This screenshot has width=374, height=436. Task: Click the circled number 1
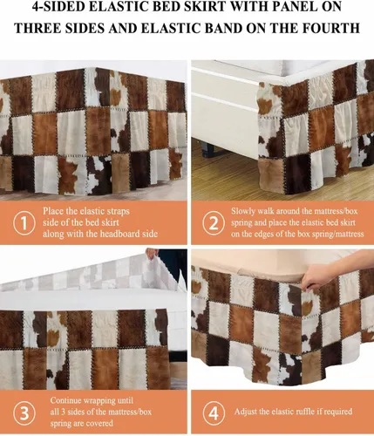click(24, 223)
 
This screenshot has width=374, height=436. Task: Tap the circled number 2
click(214, 223)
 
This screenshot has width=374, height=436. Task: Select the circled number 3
click(24, 412)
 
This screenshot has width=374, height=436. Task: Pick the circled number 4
click(214, 412)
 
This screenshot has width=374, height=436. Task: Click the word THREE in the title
click(38, 29)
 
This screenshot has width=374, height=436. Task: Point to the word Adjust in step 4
click(246, 412)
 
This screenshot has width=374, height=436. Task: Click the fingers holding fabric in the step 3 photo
click(153, 254)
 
